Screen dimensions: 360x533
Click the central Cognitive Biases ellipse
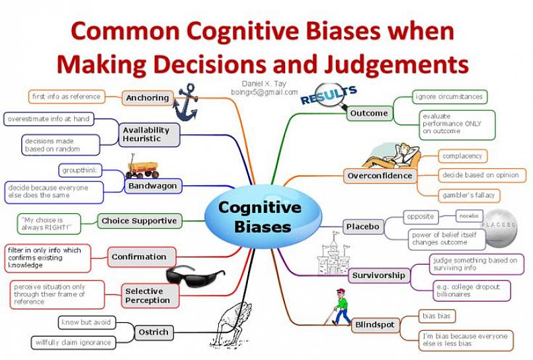pyautogui.click(x=264, y=216)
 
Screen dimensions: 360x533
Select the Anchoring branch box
pyautogui.click(x=147, y=98)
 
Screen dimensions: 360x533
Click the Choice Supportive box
pyautogui.click(x=139, y=221)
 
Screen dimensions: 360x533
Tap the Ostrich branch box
pyautogui.click(x=153, y=332)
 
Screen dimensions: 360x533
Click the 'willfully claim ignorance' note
pyautogui.click(x=73, y=343)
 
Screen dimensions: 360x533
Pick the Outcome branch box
pyautogui.click(x=368, y=113)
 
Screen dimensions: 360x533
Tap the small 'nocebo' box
pyautogui.click(x=471, y=216)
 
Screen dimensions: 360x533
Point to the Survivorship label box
pyautogui.click(x=378, y=275)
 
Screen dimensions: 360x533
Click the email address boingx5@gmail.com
pyautogui.click(x=265, y=92)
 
